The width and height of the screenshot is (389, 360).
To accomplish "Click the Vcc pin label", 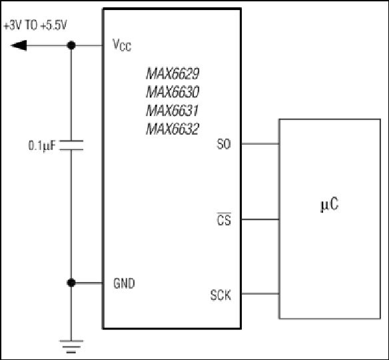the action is click(122, 45).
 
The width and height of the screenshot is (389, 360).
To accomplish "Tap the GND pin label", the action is click(124, 283).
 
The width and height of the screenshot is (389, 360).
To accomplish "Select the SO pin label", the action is click(224, 144).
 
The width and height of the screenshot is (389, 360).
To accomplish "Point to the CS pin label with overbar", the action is click(224, 219).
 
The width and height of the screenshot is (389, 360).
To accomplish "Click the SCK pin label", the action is click(220, 295).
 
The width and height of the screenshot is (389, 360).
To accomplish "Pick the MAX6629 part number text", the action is click(173, 74).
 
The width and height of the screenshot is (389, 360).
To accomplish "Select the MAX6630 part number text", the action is click(173, 92).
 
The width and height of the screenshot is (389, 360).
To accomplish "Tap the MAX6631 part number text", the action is click(172, 111).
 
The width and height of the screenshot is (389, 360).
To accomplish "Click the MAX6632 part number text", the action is click(173, 129).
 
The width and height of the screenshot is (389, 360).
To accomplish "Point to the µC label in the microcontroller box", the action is click(330, 205).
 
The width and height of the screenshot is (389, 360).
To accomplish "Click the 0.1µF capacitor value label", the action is click(42, 145).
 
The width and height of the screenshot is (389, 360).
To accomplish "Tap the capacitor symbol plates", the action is click(71, 145).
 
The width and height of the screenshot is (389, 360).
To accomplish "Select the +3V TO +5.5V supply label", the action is click(35, 25).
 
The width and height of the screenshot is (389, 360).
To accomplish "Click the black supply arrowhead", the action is click(19, 45).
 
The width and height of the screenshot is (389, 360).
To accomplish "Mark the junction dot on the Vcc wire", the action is click(71, 45).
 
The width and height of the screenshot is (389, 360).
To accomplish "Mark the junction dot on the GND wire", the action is click(71, 283).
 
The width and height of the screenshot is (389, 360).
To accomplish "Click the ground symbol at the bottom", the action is click(71, 347).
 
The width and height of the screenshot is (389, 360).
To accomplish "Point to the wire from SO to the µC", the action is click(260, 144).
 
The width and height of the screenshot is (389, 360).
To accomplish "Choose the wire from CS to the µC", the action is click(260, 219).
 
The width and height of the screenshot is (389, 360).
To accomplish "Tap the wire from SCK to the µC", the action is click(260, 294).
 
